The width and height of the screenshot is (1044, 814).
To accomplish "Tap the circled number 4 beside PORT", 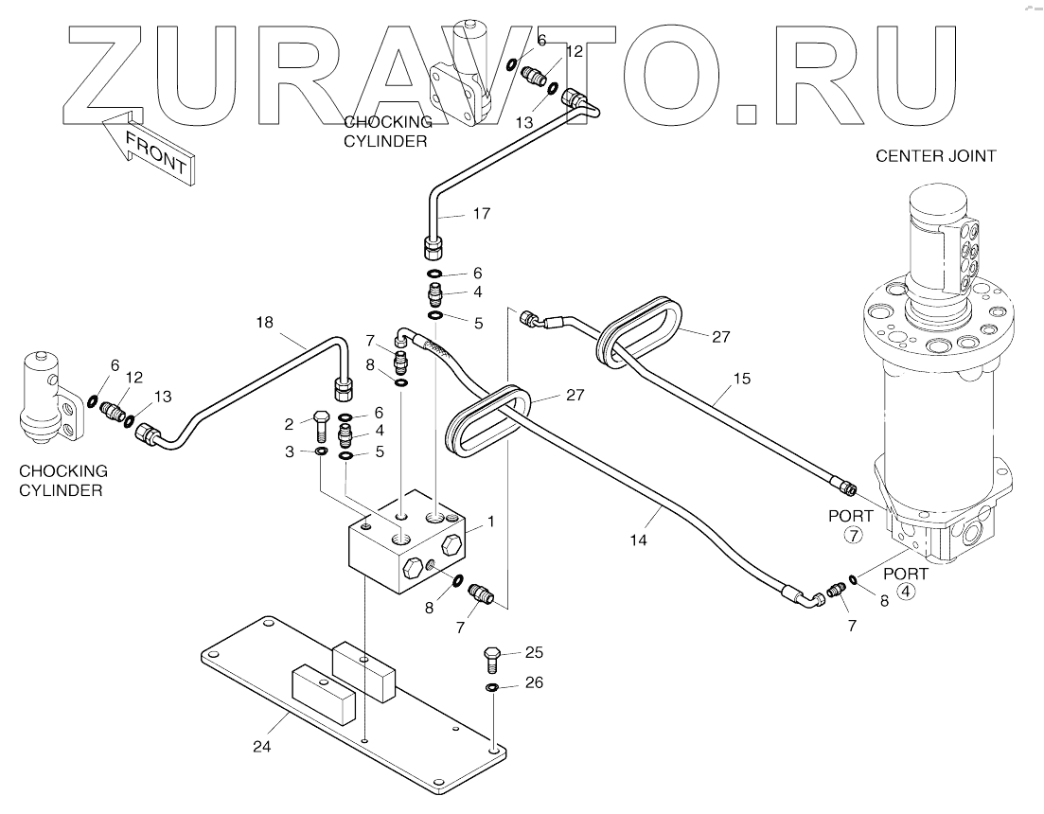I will (906, 593).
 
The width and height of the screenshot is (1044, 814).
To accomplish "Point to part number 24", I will (262, 747).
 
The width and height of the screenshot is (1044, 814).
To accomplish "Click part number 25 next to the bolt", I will (534, 652).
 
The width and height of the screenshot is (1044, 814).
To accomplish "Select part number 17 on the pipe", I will (481, 214).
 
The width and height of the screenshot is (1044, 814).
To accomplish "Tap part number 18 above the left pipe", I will (264, 323).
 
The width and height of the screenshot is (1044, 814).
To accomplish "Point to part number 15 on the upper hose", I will (741, 379).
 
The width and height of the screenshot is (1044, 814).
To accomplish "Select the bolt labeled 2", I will (319, 425).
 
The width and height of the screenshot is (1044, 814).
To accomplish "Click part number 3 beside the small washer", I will (290, 453).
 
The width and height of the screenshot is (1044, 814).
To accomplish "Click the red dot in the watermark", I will (747, 112).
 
